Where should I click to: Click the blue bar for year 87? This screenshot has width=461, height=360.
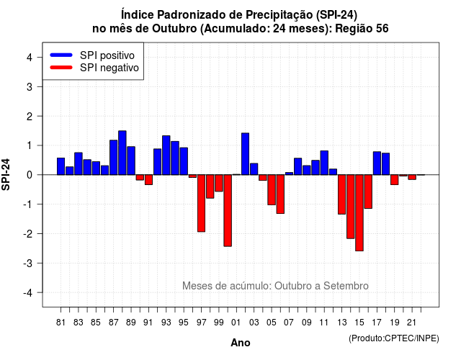114,158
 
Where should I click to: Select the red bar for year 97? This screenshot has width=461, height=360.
202,203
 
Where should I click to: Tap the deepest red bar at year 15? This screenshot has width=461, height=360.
359,213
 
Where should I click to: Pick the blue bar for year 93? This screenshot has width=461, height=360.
166,156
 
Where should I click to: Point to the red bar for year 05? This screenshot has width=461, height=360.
272,190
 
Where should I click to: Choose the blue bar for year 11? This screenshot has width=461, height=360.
324,163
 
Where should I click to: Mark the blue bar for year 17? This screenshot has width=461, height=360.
377,163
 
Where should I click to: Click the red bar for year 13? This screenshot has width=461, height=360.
341,194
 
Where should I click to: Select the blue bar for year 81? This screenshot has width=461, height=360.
61,166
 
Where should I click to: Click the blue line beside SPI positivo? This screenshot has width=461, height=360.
61,55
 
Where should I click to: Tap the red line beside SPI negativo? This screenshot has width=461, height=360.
61,67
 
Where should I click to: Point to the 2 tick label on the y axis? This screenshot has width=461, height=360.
30,117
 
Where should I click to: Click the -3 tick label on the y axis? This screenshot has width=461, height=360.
27,264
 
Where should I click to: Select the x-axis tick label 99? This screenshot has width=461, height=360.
219,323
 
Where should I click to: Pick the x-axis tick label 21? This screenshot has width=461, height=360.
412,323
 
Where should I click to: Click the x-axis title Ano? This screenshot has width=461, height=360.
241,343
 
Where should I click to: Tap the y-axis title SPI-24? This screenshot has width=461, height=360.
6,174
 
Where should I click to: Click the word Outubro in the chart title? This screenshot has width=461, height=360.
174,29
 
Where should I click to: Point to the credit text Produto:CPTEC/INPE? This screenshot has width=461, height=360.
394,338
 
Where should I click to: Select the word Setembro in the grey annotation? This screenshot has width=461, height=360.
346,286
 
